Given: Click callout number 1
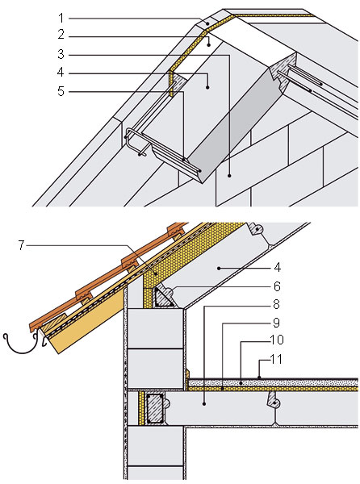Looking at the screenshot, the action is point(61,19).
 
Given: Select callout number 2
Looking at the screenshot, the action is point(61,35).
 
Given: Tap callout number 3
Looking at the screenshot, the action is point(61,54).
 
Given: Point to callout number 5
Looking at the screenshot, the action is point(61,91).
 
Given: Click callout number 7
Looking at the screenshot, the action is point(21,245).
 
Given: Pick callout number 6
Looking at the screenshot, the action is point(277,286).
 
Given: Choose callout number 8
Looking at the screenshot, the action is point(276,304).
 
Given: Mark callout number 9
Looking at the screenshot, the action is point(276,323).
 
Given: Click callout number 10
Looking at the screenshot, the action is point(277,340).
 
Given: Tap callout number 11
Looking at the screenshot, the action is point(276,359).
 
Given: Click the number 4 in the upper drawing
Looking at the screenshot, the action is point(61,73).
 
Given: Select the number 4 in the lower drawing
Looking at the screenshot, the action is point(277,267).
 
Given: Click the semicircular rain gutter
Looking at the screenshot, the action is point(21,348).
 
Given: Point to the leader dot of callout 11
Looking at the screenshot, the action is point(259,378).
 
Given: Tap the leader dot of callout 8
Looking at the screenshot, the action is point(203,403).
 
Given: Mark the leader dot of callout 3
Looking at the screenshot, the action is point(229,176).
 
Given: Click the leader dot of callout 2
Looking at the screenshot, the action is point(209,45).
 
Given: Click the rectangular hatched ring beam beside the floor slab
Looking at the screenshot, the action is point(155,409).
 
